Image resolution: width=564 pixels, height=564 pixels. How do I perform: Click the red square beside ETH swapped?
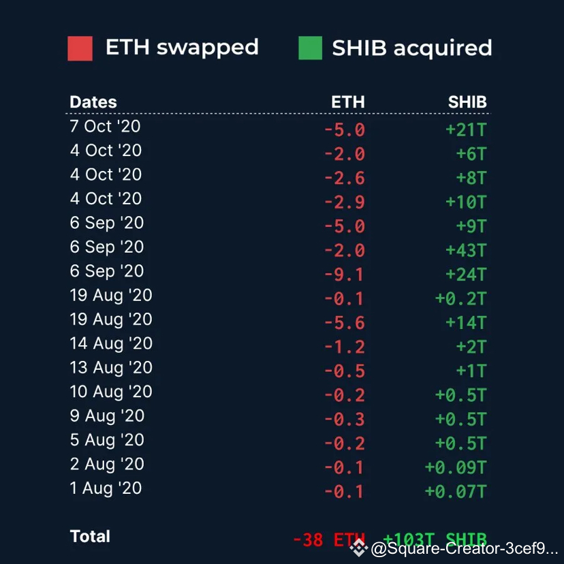point(80,48)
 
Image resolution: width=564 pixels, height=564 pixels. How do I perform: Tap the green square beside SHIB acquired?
point(310,48)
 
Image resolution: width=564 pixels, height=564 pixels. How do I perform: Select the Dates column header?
point(93,102)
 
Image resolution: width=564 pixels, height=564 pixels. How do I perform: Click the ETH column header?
point(347,102)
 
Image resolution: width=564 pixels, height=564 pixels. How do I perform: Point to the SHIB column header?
point(467,102)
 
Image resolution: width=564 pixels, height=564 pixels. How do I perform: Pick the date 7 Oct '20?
point(105,126)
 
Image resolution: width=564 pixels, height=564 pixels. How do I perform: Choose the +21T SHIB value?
point(466,129)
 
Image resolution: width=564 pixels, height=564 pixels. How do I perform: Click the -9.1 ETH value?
point(344,275)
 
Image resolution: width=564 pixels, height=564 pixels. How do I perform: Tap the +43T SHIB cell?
point(466,250)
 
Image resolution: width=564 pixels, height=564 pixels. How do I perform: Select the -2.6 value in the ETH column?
point(344,178)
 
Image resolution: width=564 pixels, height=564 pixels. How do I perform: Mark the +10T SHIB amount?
point(466,202)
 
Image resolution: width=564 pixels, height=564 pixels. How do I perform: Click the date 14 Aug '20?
point(111,343)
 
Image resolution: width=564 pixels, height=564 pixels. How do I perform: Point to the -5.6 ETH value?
point(344,323)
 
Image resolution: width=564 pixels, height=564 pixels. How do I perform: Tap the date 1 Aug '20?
point(106,488)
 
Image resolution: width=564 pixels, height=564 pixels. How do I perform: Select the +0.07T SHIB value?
point(455,491)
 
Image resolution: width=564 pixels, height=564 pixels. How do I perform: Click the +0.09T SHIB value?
point(455,467)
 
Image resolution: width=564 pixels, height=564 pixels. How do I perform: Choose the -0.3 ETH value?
point(344,419)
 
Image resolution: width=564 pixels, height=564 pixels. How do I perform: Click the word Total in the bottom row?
point(90,537)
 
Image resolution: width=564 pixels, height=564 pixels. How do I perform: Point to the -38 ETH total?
point(328,540)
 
